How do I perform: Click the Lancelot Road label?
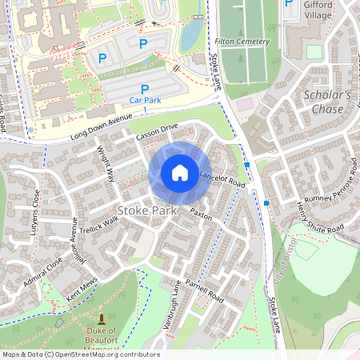pyautogui.click(x=222, y=178)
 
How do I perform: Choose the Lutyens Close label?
pyautogui.click(x=37, y=210)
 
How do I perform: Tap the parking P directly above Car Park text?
pyautogui.click(x=145, y=90)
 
